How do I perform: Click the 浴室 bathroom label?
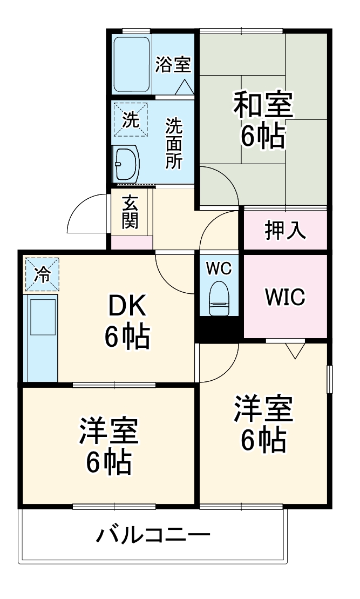click(x=173, y=65)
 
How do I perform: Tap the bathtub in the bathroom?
click(x=132, y=64)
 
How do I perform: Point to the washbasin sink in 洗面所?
click(x=126, y=164)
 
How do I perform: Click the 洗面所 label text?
click(x=173, y=143)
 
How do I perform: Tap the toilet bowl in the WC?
click(x=219, y=298)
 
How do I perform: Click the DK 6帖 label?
click(x=126, y=322)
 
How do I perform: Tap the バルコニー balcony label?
click(x=153, y=536)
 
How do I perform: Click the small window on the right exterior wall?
click(x=329, y=379)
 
